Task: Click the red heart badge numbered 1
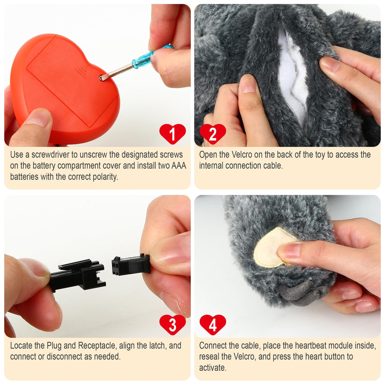coord(172,134)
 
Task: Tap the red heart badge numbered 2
coord(213,134)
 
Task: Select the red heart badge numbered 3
coord(172,324)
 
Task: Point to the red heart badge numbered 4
coord(213,324)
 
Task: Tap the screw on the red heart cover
coord(102,78)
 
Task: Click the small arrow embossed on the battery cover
coord(85,67)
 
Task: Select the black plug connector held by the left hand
coord(77,275)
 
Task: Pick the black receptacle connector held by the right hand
coord(131,265)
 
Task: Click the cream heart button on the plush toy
coord(273,248)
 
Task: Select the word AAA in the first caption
coord(179,166)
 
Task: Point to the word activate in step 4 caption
coord(213,368)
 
